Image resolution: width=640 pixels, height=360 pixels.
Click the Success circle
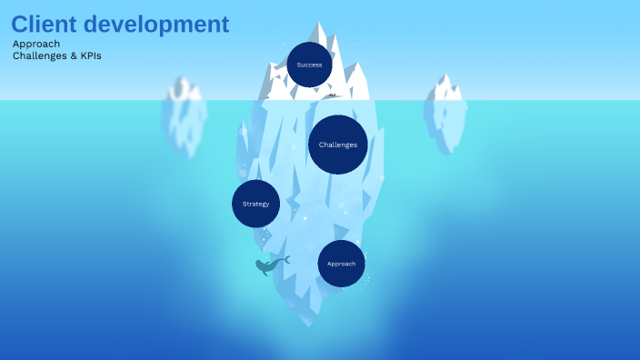click(x=309, y=65)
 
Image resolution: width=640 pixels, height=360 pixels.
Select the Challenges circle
click(x=337, y=145)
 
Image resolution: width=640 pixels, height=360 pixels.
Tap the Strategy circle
click(x=255, y=204)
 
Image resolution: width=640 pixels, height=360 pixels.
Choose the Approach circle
click(x=341, y=264)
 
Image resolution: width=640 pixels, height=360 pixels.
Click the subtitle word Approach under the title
click(x=36, y=44)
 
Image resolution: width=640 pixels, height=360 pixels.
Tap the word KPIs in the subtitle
click(x=90, y=55)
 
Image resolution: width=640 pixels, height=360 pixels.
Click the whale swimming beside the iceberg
click(x=267, y=265)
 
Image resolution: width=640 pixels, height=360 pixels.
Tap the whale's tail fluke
click(x=285, y=259)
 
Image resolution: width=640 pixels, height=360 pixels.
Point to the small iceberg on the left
click(x=185, y=116)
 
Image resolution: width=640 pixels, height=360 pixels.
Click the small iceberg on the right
click(x=445, y=114)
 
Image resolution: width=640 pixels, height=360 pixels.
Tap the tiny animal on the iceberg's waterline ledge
click(x=333, y=95)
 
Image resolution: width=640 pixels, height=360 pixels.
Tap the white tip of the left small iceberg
click(x=185, y=88)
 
